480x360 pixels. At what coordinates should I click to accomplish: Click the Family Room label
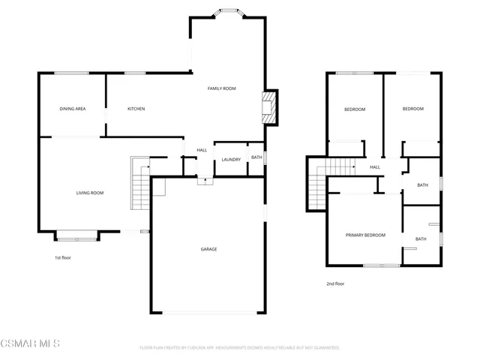(221, 88)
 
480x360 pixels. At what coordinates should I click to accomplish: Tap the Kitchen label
(136, 109)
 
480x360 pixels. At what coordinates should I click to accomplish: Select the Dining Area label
(73, 109)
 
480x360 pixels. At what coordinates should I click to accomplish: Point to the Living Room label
(89, 193)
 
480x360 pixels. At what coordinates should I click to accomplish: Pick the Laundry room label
(230, 159)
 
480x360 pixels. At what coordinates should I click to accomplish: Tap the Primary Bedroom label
(365, 235)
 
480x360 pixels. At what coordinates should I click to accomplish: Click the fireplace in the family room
(269, 107)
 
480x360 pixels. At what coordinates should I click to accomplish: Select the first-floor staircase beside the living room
(139, 184)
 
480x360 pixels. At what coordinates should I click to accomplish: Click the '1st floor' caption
(63, 258)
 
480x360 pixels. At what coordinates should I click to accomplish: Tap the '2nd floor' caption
(335, 283)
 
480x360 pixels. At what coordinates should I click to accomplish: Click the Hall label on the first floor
(202, 150)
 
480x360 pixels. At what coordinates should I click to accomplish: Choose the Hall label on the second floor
(374, 167)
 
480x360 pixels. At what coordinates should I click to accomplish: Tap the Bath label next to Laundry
(256, 157)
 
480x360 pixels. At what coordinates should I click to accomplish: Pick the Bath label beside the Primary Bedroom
(421, 239)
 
